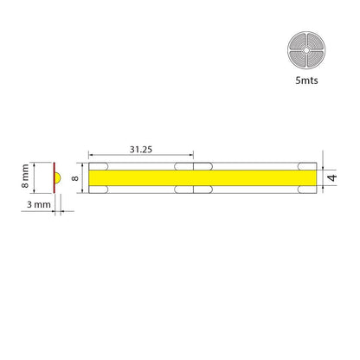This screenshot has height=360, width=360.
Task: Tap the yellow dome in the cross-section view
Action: click(57, 177)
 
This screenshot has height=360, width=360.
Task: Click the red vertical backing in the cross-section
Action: click(54, 177)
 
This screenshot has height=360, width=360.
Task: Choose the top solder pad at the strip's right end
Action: click(305, 165)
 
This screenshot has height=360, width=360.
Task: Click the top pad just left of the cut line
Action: click(184, 165)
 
